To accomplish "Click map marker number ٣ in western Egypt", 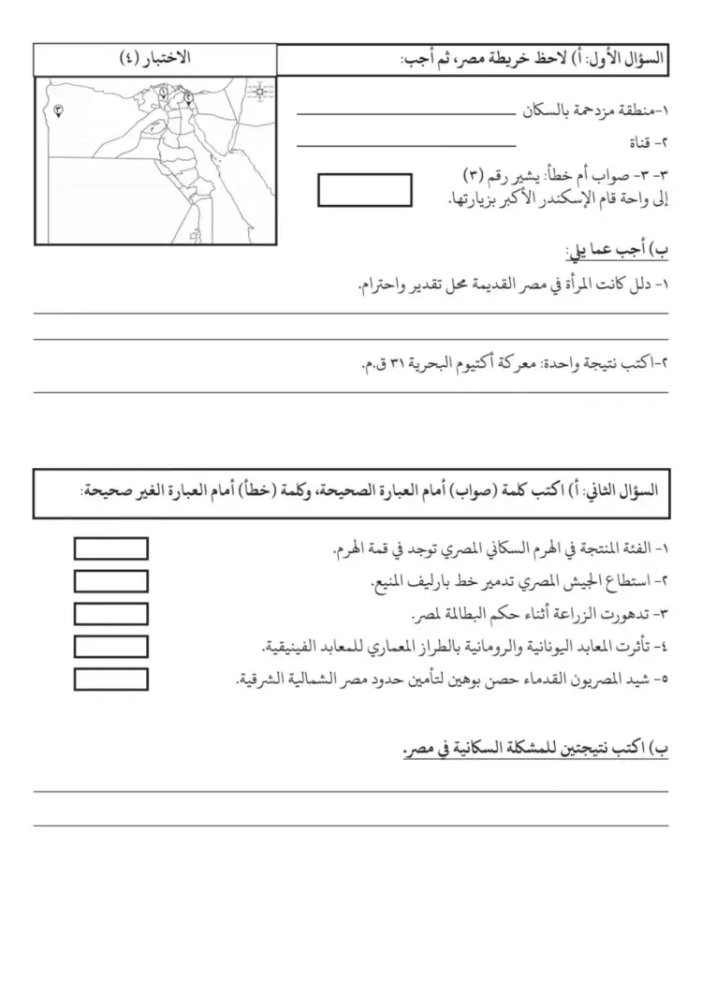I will (x=59, y=110).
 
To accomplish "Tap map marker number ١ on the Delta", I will (x=164, y=93).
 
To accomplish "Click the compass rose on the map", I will (x=260, y=91).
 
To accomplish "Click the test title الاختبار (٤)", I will (x=155, y=58).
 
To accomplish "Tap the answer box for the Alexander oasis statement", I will (x=365, y=190).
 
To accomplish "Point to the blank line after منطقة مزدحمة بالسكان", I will (x=405, y=115).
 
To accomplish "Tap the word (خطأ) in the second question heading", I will (x=270, y=489).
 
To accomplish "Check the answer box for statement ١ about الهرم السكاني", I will (x=110, y=548).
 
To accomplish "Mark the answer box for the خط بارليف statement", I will (x=110, y=581).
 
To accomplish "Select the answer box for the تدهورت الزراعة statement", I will (x=110, y=614).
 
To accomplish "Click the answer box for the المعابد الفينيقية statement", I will (x=110, y=647).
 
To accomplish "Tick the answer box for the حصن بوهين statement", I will (x=110, y=679).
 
